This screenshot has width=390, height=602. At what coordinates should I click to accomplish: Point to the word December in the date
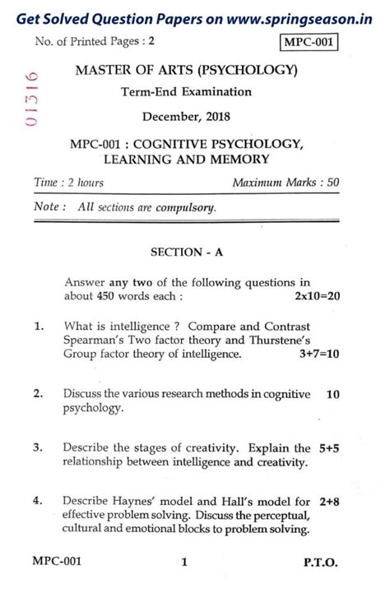tap(166, 117)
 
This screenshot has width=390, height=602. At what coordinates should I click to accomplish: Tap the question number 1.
tap(39, 327)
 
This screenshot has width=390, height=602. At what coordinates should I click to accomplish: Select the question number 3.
tap(39, 448)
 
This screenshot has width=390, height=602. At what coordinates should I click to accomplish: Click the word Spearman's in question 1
tap(94, 340)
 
